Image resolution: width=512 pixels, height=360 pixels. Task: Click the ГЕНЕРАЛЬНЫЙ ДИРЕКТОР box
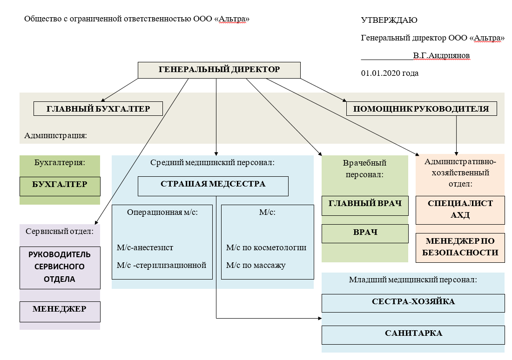coord(219,70)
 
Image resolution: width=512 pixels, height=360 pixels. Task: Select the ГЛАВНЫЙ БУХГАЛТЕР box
coord(98,109)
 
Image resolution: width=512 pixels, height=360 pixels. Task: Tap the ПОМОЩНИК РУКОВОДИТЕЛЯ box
coord(421,109)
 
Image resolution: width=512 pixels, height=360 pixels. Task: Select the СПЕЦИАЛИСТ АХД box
coord(460,210)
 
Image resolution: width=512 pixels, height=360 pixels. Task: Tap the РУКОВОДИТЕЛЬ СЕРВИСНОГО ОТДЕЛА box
coord(60,267)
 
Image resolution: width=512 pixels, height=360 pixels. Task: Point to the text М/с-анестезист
coord(145,247)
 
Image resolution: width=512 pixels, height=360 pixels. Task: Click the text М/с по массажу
coord(256,265)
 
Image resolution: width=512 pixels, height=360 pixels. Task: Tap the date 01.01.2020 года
coord(390,73)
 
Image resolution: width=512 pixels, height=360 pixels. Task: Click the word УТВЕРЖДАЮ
coord(389,20)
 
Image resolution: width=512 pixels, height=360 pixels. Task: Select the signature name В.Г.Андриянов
coord(442,55)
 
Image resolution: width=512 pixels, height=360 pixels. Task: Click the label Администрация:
coord(56,136)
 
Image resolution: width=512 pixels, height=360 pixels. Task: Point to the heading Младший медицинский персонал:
coord(413,280)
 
